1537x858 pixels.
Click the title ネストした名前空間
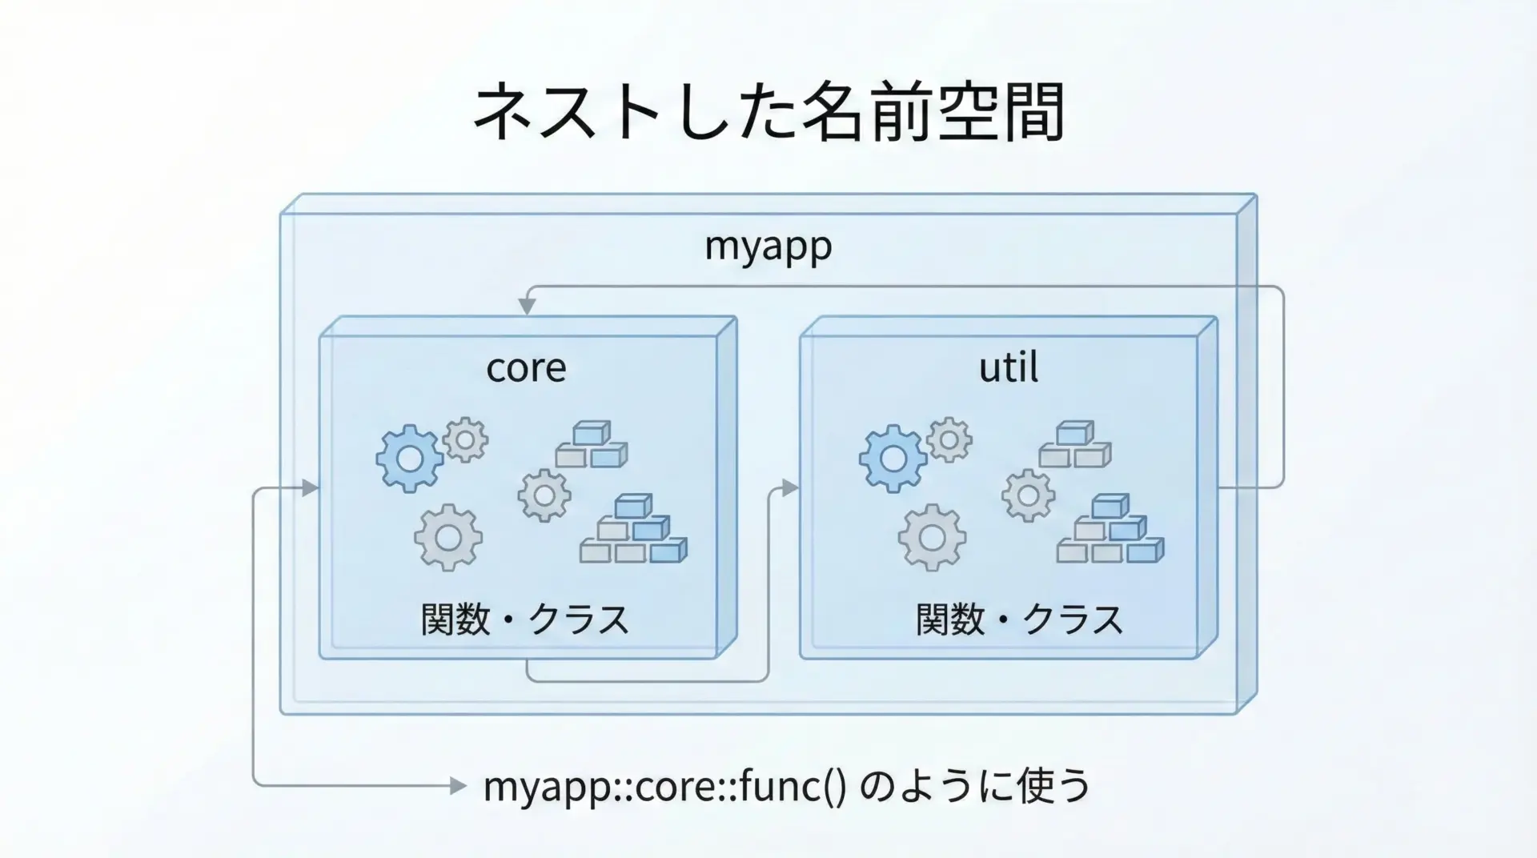[768, 113]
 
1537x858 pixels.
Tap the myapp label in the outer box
[768, 245]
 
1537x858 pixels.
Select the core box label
[526, 367]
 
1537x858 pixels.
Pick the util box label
[1009, 367]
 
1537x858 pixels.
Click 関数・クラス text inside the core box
[525, 619]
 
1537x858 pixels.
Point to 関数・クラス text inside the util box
[1020, 619]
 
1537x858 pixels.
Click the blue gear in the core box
[409, 459]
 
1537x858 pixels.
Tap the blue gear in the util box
[893, 459]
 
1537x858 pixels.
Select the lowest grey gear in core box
[448, 538]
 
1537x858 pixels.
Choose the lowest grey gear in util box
[932, 538]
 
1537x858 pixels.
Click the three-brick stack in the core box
[592, 445]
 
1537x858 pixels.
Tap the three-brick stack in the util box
[1075, 445]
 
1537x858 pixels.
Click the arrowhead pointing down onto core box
[527, 307]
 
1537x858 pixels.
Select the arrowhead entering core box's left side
[311, 487]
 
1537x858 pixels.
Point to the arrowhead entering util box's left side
[791, 487]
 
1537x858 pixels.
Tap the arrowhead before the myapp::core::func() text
[458, 786]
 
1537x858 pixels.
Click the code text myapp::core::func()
[664, 786]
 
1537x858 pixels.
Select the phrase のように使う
[975, 785]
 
